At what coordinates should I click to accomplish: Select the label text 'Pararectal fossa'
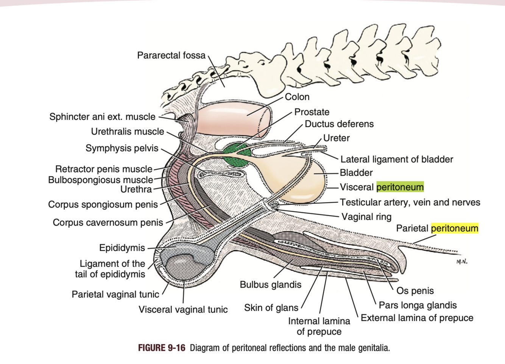171,56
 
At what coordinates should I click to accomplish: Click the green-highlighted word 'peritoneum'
400,187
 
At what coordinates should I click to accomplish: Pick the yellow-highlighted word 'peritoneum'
455,228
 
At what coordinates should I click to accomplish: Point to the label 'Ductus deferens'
339,124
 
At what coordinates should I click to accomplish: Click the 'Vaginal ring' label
366,217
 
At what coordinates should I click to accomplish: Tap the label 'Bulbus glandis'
271,285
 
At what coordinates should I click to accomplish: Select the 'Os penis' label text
415,291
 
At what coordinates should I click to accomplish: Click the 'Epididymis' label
122,248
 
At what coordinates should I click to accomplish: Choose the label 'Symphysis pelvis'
122,148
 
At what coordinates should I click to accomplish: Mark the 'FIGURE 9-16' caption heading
162,348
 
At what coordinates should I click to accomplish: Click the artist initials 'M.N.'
461,262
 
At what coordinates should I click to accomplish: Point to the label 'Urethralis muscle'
128,132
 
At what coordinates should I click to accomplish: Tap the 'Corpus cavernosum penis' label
108,223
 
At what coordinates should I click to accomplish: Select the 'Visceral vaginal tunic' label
183,310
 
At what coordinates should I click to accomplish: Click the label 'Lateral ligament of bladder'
397,159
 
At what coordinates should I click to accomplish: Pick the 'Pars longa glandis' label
418,305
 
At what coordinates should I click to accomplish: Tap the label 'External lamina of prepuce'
417,318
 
